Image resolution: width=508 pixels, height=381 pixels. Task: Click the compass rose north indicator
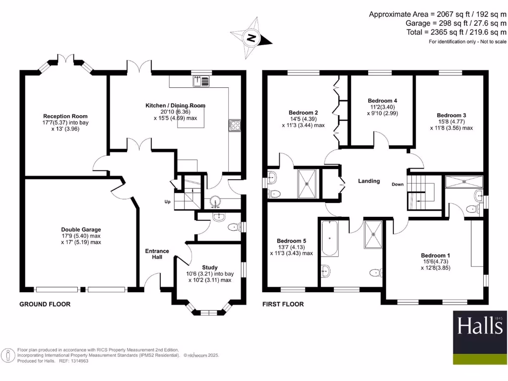pos(252,37)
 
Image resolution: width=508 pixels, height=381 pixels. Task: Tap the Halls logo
pos(479,325)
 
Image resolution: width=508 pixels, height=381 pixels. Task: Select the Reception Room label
pos(59,116)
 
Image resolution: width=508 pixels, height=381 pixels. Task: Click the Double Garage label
pos(81,230)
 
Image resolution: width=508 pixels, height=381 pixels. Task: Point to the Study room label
pos(209,267)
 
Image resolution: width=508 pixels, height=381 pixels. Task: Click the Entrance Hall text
pos(157,254)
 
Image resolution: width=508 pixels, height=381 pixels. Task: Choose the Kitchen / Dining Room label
pos(175,106)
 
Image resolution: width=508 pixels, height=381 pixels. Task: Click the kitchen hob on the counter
pos(234,125)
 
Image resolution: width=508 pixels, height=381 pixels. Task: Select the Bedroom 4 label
pos(382,100)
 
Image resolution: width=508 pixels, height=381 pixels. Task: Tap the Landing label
pos(369,181)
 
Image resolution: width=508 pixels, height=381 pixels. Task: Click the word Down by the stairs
pos(397,185)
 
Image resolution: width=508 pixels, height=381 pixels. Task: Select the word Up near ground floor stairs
pos(168,202)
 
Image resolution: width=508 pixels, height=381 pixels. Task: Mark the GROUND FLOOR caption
pos(45,304)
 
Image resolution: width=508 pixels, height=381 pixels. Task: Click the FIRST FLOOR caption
pos(283,304)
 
